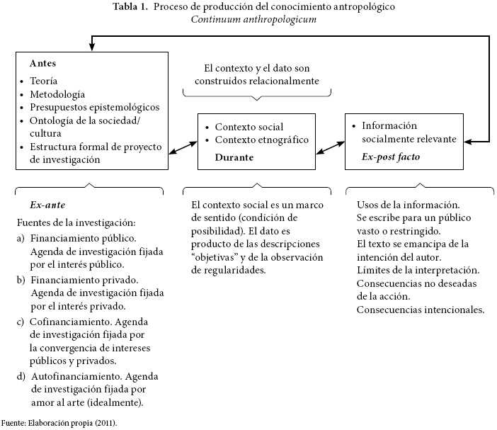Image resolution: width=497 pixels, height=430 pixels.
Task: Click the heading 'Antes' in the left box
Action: click(x=42, y=63)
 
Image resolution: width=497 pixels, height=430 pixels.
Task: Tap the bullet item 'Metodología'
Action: click(x=57, y=94)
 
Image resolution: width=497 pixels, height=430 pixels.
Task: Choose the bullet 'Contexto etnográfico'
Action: click(x=262, y=140)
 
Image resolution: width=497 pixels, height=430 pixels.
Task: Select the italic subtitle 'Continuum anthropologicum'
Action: click(x=253, y=19)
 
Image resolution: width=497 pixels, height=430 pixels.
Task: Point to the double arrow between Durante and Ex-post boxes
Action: click(x=330, y=147)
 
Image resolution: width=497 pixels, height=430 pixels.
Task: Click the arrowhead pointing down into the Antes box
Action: click(x=91, y=47)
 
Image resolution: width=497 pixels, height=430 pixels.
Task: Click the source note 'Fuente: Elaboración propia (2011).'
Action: click(x=58, y=422)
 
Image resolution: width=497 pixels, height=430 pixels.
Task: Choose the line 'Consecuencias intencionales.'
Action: click(x=421, y=310)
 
